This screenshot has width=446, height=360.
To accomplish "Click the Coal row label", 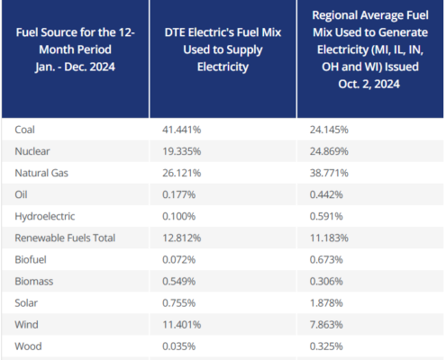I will tap(27, 130).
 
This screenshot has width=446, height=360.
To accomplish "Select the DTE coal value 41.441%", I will tap(185, 130).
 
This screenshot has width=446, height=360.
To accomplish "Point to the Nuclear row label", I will tap(33, 150).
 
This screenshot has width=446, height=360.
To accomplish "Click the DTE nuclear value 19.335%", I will tap(185, 150).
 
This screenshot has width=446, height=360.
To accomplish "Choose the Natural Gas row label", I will tap(42, 171).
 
